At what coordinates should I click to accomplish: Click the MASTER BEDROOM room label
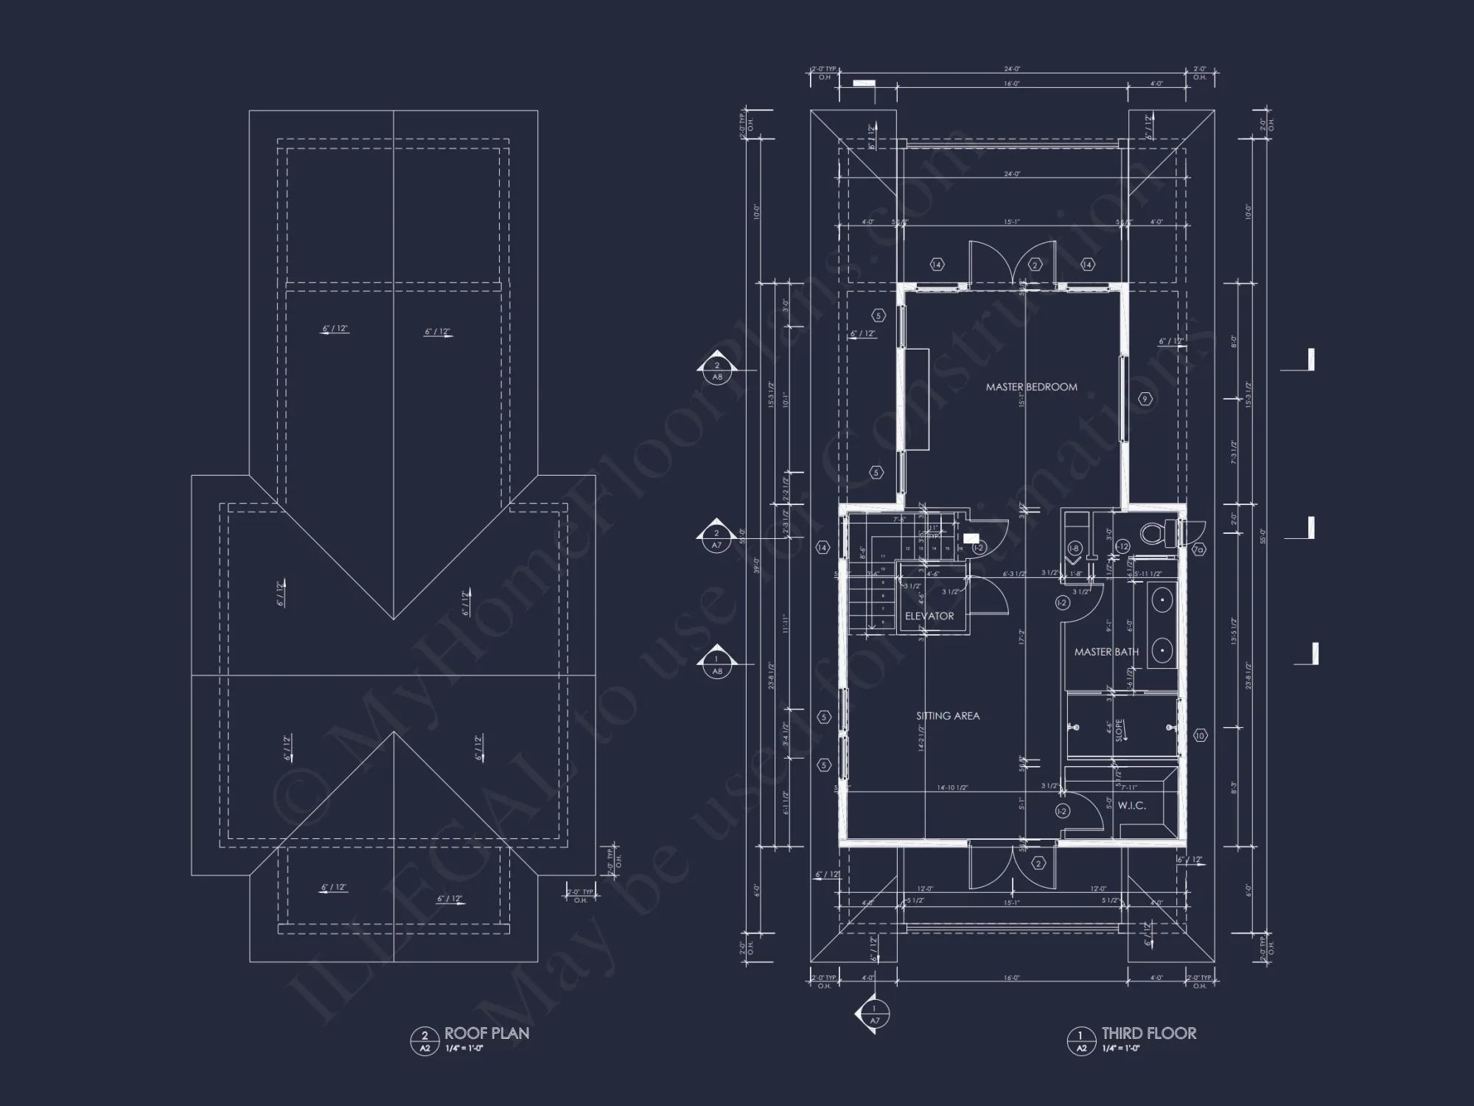click(x=1031, y=387)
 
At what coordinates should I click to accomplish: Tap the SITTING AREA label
click(x=948, y=716)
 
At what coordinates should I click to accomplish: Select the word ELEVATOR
click(x=929, y=616)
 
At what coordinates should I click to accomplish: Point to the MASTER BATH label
click(x=1106, y=652)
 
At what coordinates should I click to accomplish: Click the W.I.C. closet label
click(x=1131, y=806)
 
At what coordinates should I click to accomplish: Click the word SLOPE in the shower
click(x=1119, y=730)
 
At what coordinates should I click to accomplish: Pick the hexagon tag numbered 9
click(x=1145, y=399)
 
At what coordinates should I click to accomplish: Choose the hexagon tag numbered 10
click(x=1200, y=735)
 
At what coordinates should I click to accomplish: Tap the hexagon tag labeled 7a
click(x=1198, y=549)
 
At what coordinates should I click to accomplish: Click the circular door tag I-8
click(x=1075, y=548)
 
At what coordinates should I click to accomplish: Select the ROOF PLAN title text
click(x=486, y=1033)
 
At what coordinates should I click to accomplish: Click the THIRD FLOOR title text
click(x=1149, y=1033)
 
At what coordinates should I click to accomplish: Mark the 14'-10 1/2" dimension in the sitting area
click(x=952, y=787)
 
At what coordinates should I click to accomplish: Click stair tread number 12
click(x=908, y=549)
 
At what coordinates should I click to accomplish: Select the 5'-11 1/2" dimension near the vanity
click(x=1147, y=574)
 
